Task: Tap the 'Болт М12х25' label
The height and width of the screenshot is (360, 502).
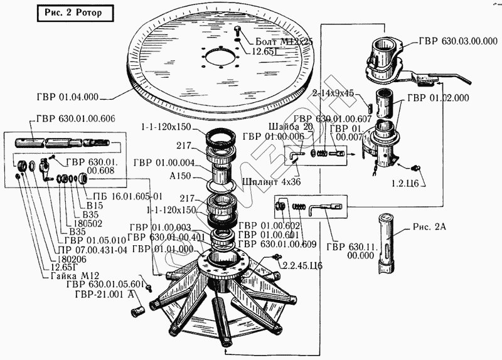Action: click(280, 40)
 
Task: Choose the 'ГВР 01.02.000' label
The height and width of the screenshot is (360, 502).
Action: click(438, 98)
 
